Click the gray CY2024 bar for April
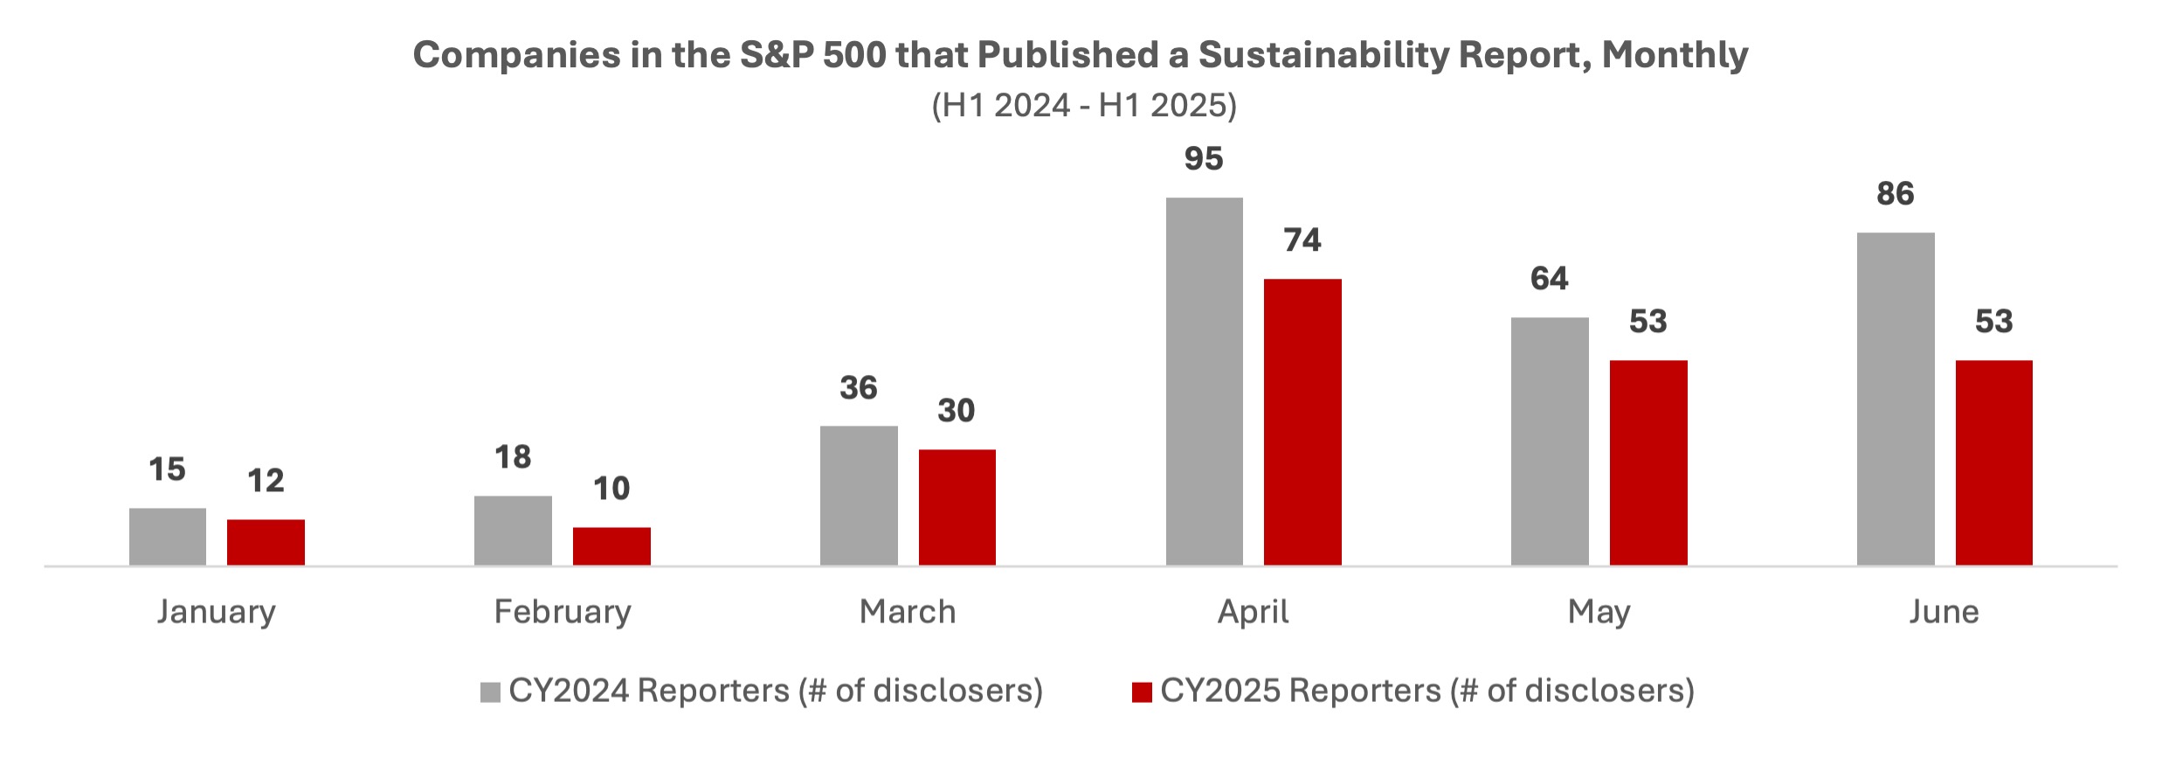coord(1204,381)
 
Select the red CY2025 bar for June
coord(1993,462)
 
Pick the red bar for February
coord(611,546)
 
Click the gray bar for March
coord(859,496)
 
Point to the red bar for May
coord(1648,462)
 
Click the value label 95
coord(1204,159)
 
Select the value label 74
coord(1302,240)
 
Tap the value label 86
coord(1895,194)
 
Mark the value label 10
coord(611,489)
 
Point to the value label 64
coord(1550,279)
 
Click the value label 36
coord(859,388)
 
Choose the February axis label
coord(563,612)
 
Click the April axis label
coord(1254,612)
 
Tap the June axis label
coord(1944,612)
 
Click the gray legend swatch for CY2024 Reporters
coord(490,692)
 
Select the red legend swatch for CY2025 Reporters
coord(1142,692)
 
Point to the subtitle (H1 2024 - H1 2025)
coord(1084,106)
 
